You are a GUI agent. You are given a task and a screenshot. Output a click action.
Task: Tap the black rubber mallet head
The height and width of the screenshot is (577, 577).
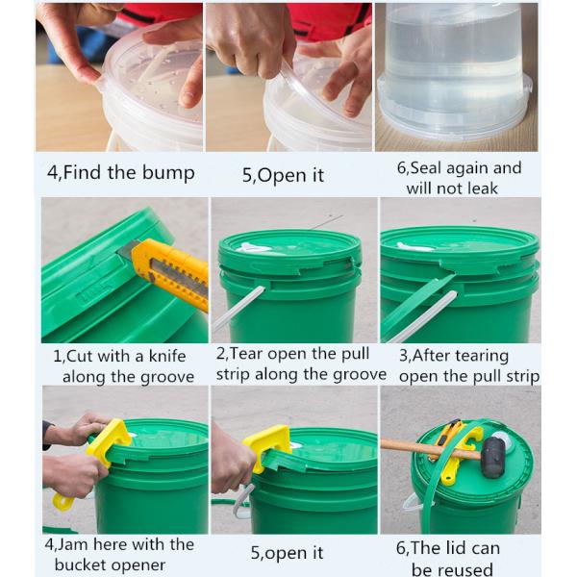pyautogui.click(x=493, y=458)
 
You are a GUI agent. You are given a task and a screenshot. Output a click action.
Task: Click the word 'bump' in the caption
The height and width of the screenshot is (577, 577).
pyautogui.click(x=168, y=173)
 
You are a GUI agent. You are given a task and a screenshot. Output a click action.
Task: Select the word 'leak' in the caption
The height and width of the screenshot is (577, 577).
pyautogui.click(x=483, y=188)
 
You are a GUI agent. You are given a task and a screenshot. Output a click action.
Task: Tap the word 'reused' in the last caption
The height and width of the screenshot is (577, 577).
pyautogui.click(x=452, y=569)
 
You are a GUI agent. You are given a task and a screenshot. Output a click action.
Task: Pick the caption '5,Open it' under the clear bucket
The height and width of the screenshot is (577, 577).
pyautogui.click(x=283, y=175)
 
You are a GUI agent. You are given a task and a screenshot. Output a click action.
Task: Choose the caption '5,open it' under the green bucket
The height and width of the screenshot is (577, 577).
pyautogui.click(x=287, y=553)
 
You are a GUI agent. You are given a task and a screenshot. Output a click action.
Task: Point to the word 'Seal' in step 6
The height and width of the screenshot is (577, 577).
pyautogui.click(x=426, y=167)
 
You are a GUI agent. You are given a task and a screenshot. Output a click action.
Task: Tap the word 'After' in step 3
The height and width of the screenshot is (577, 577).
pyautogui.click(x=432, y=356)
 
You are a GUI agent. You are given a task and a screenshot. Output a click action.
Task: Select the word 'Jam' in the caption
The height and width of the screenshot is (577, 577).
pyautogui.click(x=71, y=544)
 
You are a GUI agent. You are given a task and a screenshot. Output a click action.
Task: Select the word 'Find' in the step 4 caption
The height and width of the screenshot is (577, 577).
pyautogui.click(x=82, y=172)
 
